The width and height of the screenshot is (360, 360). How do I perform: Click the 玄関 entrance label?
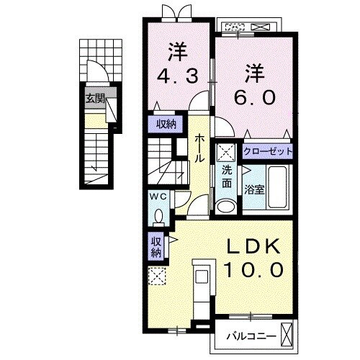click(95, 99)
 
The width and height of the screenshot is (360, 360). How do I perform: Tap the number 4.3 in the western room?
click(178, 76)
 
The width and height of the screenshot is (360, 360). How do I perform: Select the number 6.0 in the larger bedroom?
click(254, 97)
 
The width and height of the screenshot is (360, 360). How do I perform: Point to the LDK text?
click(254, 246)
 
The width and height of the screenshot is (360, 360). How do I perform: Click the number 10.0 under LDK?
click(253, 269)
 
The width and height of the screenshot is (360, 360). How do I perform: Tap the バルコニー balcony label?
click(251, 336)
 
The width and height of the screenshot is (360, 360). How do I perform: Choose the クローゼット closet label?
click(268, 151)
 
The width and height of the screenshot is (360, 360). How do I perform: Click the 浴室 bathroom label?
click(254, 190)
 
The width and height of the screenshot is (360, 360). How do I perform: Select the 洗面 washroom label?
click(227, 176)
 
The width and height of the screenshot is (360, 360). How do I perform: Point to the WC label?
click(158, 197)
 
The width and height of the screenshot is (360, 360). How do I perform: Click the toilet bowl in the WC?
click(158, 217)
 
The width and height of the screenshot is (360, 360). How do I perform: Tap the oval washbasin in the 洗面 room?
click(226, 206)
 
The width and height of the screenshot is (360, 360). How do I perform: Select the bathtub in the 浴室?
click(277, 187)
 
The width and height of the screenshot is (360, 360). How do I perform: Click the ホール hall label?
click(199, 149)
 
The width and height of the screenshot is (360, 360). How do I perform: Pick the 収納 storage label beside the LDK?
click(156, 247)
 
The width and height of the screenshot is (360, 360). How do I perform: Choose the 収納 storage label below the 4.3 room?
click(166, 124)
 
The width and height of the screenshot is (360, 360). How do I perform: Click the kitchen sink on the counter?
click(202, 276)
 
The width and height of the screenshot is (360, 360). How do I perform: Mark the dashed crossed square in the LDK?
click(157, 276)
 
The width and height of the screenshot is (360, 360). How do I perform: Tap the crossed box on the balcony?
click(287, 333)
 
